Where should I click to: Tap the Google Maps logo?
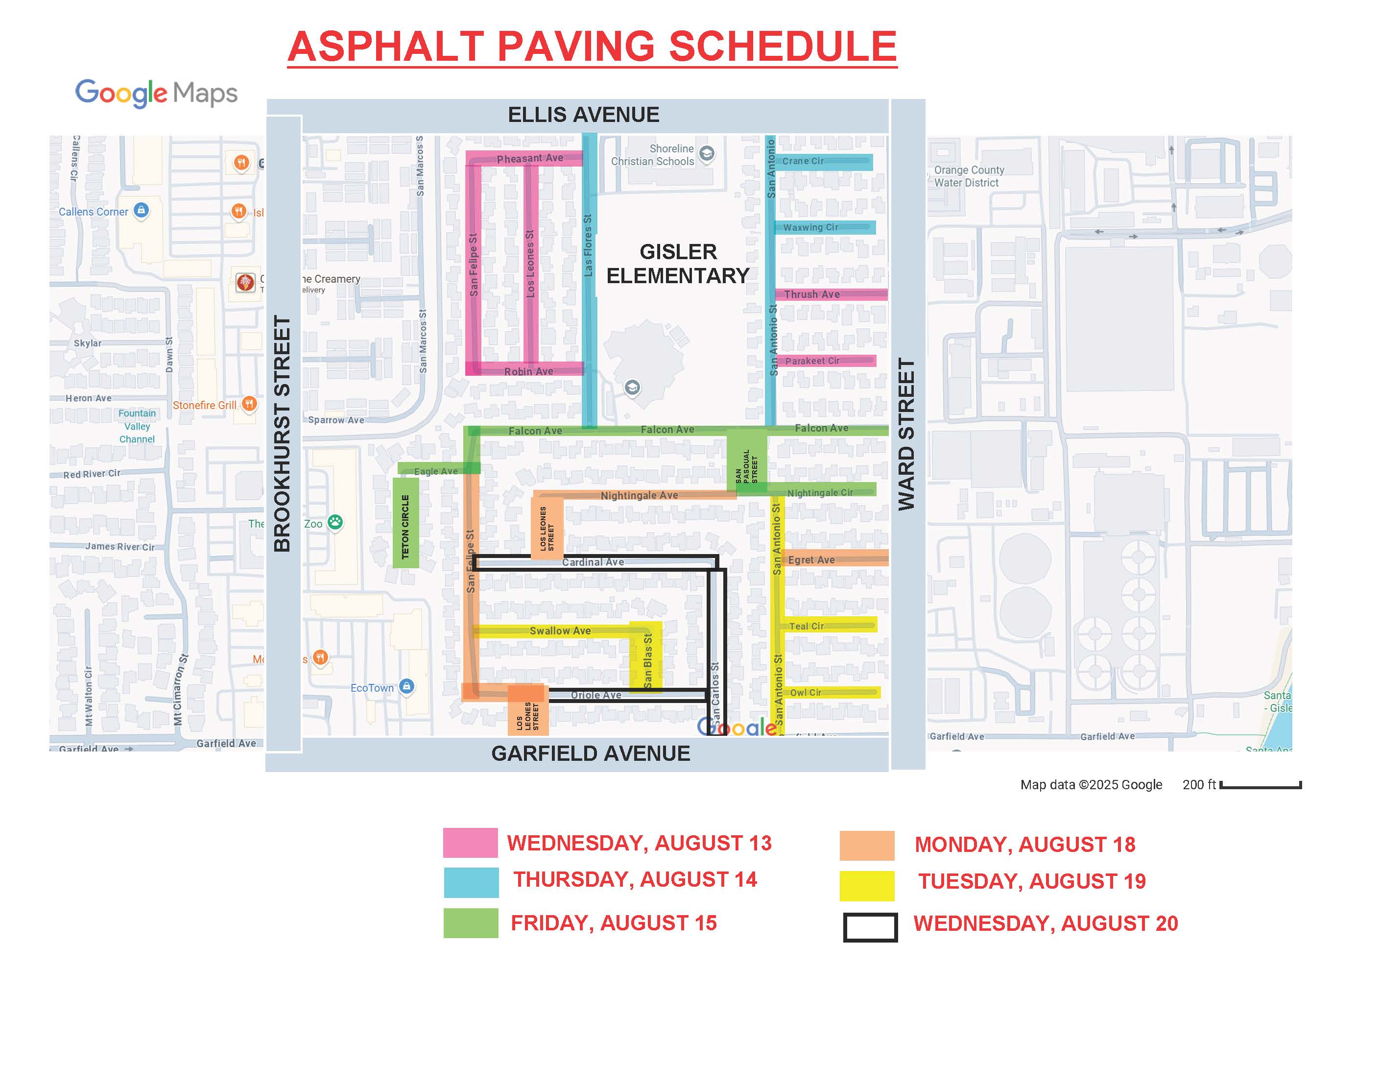click(156, 94)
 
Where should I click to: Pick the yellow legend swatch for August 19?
click(866, 885)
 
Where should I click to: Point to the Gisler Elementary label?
click(678, 264)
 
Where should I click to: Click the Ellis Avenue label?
click(583, 115)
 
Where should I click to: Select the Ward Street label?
click(907, 434)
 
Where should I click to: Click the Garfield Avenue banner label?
click(591, 753)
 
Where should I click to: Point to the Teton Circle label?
click(405, 526)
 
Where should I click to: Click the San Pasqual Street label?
click(746, 466)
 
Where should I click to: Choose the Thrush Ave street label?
click(811, 294)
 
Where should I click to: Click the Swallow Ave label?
click(560, 631)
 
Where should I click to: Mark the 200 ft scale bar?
click(1260, 785)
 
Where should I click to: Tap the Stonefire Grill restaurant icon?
click(249, 404)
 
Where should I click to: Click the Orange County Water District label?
click(969, 176)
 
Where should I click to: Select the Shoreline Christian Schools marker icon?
click(707, 153)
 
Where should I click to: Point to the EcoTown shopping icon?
click(406, 686)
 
